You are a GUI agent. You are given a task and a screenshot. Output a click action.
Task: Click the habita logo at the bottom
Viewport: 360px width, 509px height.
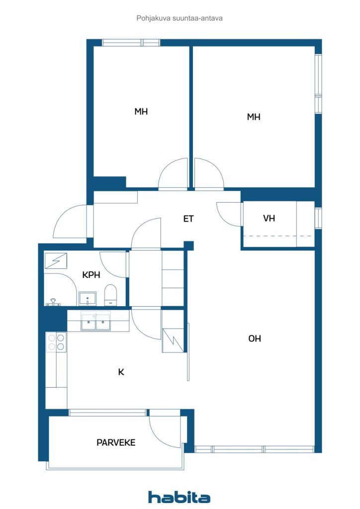point(179,497)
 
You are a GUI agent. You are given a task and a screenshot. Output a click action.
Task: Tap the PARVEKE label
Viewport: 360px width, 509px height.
point(116,442)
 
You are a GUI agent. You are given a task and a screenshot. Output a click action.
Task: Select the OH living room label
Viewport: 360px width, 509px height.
point(255,339)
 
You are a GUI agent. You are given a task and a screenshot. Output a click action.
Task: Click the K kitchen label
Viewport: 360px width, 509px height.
point(121,372)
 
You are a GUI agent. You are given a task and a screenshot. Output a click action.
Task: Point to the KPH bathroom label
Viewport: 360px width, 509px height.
point(91,275)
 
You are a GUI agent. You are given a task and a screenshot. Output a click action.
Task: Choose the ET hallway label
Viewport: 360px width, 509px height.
point(188,219)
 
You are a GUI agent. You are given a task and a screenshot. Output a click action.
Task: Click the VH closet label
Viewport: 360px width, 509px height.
point(269,218)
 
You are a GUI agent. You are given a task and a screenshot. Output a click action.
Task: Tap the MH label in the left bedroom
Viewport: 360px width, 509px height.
point(141,112)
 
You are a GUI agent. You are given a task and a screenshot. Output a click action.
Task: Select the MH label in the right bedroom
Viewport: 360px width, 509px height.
point(254,117)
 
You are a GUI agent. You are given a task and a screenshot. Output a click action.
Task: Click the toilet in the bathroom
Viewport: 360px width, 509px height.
point(110,295)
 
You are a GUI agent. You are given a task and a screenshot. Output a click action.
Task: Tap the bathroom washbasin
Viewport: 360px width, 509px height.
point(88,299)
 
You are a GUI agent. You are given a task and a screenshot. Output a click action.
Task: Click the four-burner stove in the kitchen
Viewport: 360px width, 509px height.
point(56,342)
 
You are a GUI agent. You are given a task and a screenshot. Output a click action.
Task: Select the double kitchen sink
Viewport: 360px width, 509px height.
point(96,322)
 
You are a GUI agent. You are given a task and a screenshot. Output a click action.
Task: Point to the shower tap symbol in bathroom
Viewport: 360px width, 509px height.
point(53,303)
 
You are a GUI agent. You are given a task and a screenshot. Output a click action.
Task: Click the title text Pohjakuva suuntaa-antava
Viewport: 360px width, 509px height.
point(180,18)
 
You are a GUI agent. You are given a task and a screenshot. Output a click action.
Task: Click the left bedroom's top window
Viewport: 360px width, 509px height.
point(131,43)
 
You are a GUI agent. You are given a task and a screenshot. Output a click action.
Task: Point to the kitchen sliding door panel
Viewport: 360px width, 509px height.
point(188,351)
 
